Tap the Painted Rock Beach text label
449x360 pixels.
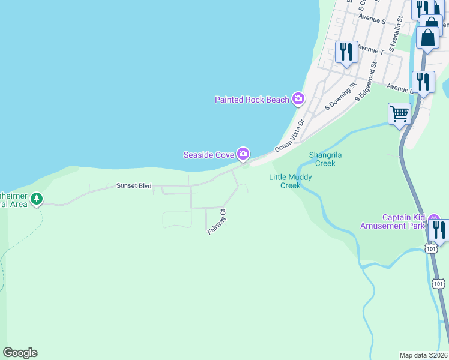(252, 100)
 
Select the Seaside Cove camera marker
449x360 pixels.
(243, 154)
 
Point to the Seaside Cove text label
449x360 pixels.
(208, 155)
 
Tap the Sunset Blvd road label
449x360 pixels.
(133, 187)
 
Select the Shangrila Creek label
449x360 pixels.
(325, 158)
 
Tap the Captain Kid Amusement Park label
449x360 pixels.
(400, 221)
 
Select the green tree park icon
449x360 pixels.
(37, 198)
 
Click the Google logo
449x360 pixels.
(20, 353)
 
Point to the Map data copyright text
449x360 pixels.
(424, 355)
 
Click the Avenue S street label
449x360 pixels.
(372, 19)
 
